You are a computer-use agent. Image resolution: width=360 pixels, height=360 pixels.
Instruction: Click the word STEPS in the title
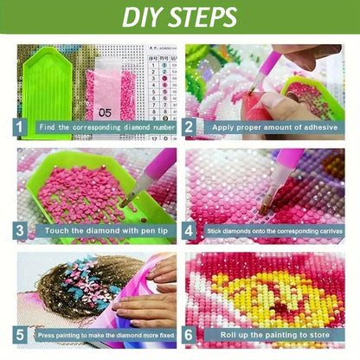[x=202, y=17]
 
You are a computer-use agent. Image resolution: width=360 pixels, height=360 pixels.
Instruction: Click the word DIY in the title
[x=141, y=17]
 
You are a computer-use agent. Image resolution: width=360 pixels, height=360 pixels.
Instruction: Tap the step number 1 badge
[x=19, y=127]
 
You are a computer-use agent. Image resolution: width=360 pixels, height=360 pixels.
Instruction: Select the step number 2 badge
[x=189, y=127]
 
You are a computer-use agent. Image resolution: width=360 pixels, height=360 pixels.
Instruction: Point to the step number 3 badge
[x=19, y=231]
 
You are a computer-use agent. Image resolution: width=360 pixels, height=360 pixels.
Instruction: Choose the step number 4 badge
[x=189, y=231]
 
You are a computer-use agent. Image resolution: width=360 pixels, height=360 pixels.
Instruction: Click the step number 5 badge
[x=19, y=335]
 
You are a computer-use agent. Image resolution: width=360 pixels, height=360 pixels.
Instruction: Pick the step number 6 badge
[x=189, y=335]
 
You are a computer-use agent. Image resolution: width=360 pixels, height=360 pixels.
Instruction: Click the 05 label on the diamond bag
[x=105, y=112]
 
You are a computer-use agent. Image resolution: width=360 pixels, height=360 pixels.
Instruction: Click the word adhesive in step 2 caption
[x=321, y=127]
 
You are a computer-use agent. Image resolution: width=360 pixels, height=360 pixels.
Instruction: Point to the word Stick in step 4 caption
[x=214, y=231]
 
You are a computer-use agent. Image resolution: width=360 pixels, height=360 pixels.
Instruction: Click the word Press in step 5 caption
[x=46, y=336]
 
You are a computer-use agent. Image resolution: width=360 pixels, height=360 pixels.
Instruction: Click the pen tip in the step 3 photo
[x=123, y=204]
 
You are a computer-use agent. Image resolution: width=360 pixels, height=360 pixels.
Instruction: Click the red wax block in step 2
[x=254, y=106]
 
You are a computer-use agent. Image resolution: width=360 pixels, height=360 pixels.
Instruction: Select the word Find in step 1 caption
[x=47, y=127]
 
